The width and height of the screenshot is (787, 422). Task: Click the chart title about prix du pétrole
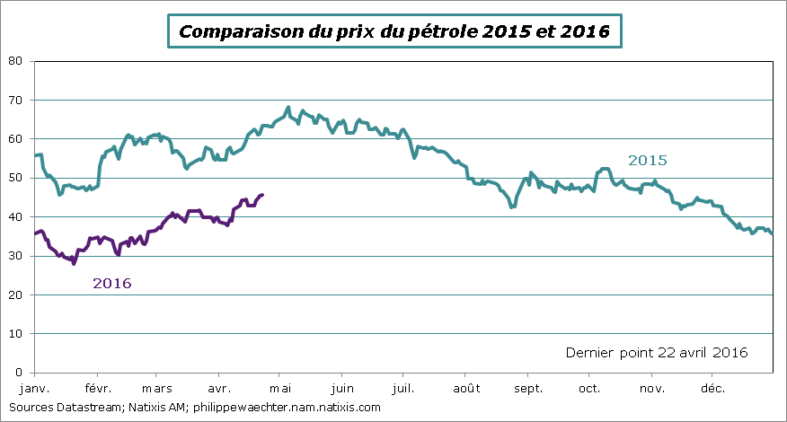[x=394, y=31]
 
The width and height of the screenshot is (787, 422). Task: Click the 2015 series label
[x=647, y=161]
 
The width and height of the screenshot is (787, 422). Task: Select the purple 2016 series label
[x=112, y=283]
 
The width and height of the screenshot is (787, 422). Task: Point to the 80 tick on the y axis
[x=15, y=61]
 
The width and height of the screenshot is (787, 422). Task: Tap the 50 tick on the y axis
[x=15, y=178]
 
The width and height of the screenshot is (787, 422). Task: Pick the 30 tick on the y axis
[x=15, y=256]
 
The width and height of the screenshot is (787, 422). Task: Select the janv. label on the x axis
[x=34, y=388]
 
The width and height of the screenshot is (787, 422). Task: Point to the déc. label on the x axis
[x=712, y=388]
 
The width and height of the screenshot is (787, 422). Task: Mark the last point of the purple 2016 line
[x=262, y=194]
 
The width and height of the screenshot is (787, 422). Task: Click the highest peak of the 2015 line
[x=288, y=108]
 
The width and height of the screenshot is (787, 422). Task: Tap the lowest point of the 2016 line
[x=74, y=263]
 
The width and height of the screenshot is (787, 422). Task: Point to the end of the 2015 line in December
[x=772, y=233]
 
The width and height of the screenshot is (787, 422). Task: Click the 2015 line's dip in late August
[x=512, y=207]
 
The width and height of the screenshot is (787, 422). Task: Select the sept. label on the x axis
[x=528, y=388]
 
